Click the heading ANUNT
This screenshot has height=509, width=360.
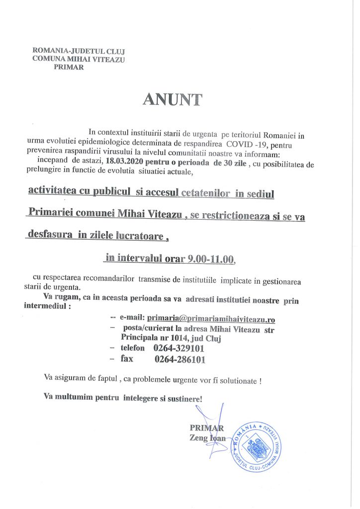(x=172, y=99)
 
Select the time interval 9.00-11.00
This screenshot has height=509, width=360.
(x=211, y=258)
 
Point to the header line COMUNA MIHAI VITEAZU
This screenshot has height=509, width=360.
(x=78, y=59)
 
